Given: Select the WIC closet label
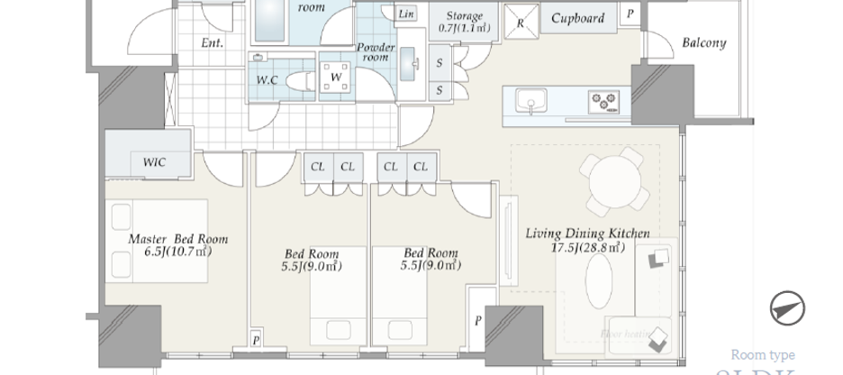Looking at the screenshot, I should tap(155, 162).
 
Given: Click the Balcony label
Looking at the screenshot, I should tap(703, 42).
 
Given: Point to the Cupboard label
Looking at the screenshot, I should tap(577, 17).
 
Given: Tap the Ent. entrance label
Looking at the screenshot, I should tap(213, 42).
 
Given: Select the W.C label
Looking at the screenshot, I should tap(267, 79).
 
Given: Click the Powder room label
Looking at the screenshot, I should tap(376, 51).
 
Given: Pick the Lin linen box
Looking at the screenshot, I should tap(406, 14).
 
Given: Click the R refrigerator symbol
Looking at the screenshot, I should tap(520, 23).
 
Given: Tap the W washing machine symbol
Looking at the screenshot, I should tap(334, 78).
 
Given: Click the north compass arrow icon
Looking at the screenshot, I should tap(787, 308).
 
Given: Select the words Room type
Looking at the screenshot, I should tap(762, 354).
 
